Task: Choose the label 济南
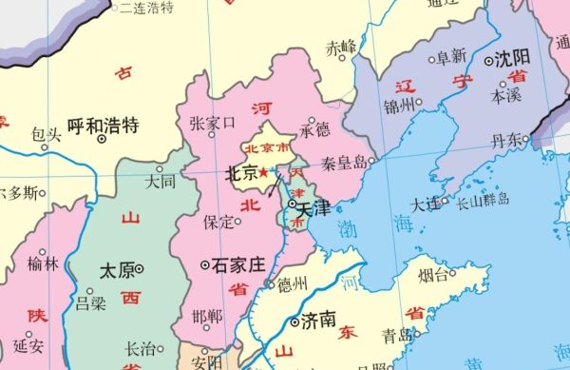pos(317,319)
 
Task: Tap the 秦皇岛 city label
pos(343,162)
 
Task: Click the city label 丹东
pos(506,140)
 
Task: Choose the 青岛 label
pos(395,335)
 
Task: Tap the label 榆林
pos(43,263)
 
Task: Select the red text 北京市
pos(267,148)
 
